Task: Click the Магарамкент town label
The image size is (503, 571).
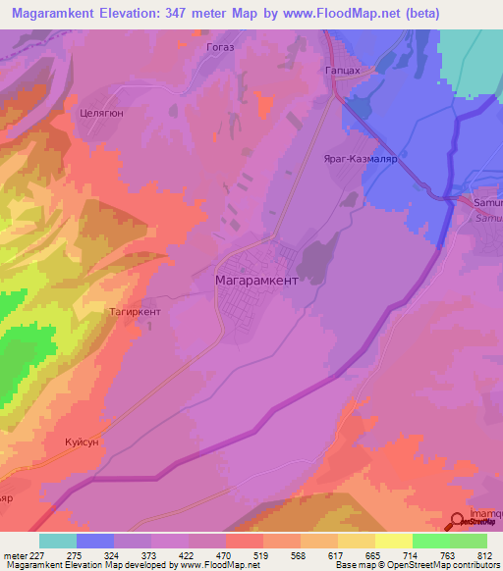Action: tap(255, 280)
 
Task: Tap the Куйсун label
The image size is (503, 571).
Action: tap(83, 442)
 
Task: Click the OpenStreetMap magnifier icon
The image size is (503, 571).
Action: tap(458, 521)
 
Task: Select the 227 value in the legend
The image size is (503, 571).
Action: tap(38, 555)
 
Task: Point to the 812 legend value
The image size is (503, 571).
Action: tap(483, 555)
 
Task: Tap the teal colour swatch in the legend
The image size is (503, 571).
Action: tap(57, 541)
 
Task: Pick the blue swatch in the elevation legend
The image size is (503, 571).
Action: tap(94, 541)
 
